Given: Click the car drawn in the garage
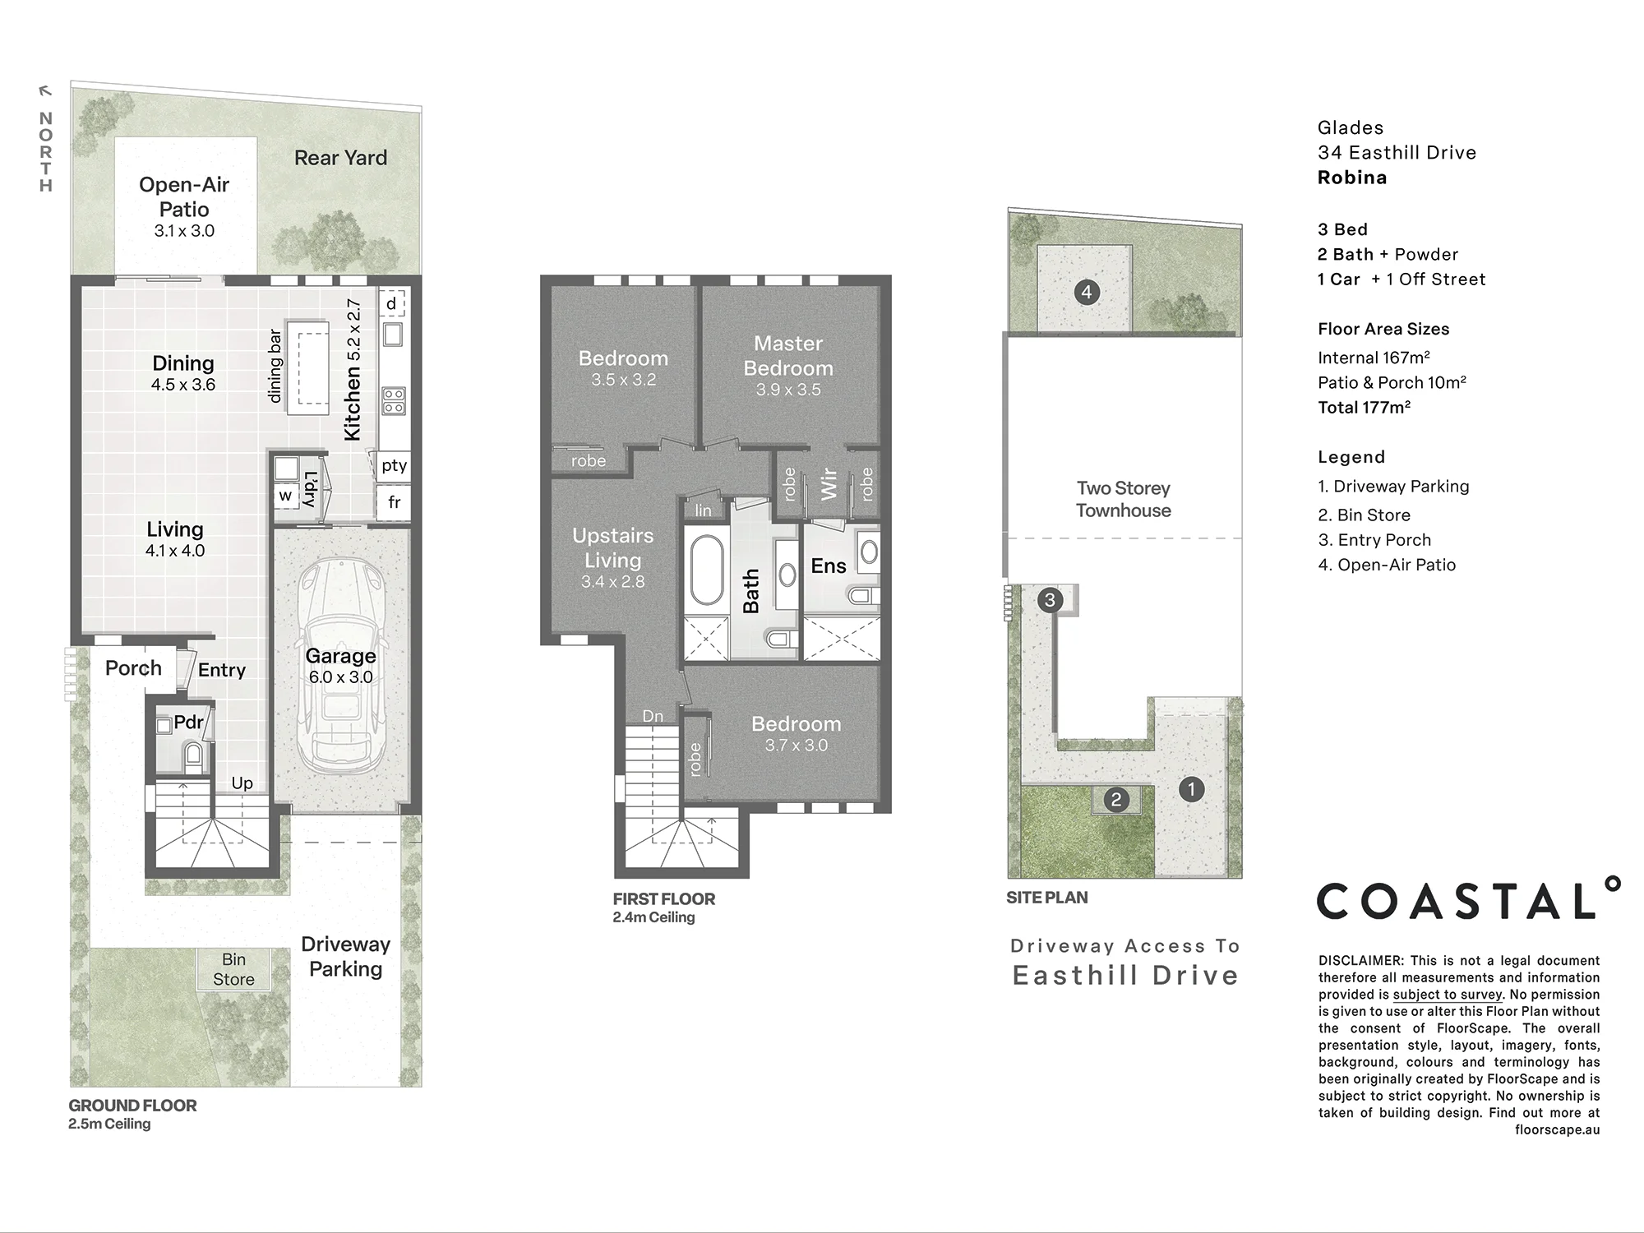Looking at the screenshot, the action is (x=341, y=666).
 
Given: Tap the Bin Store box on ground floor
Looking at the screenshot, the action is (x=233, y=969).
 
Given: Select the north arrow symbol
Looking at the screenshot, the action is (x=46, y=91).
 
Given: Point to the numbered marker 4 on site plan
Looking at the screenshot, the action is (x=1087, y=292).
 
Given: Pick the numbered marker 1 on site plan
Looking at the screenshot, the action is (x=1191, y=790).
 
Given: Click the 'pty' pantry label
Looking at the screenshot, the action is (x=394, y=465).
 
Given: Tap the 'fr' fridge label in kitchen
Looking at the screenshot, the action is (x=395, y=502).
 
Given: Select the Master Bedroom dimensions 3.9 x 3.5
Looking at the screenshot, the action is (x=788, y=390).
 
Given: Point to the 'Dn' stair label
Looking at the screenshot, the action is (x=653, y=716).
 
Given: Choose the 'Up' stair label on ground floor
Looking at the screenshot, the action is (x=242, y=783).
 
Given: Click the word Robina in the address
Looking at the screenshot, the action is (x=1352, y=178).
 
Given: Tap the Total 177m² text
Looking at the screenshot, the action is (x=1365, y=407).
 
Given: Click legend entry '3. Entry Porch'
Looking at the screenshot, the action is (x=1374, y=540).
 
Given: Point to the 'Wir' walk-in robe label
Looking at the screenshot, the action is (x=829, y=484).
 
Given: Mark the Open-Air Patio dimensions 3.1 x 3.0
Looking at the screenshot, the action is (x=184, y=231).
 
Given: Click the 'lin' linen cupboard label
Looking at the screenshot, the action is (x=703, y=510).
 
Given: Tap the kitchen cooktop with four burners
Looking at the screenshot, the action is (x=393, y=401).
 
